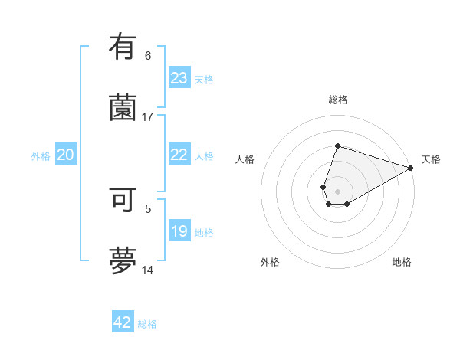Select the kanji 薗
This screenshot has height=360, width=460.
(123, 106)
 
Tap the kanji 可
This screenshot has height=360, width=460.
(123, 200)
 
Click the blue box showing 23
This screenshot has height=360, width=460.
(179, 78)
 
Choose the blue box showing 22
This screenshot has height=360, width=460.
(179, 155)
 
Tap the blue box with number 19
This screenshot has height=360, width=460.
(179, 231)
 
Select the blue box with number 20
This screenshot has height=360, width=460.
(66, 155)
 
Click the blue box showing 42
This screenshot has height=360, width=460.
(123, 322)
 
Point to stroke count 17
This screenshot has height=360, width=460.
(148, 116)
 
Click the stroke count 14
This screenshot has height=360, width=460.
(148, 270)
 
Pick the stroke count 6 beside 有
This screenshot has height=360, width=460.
(148, 55)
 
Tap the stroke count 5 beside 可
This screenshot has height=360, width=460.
(148, 208)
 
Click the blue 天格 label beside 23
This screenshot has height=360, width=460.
(204, 80)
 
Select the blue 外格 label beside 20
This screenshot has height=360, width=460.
(41, 156)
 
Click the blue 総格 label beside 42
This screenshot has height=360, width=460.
(147, 324)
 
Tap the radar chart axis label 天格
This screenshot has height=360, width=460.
(431, 159)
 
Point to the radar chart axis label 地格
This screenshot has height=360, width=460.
(402, 262)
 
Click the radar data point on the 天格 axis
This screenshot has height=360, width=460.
(411, 169)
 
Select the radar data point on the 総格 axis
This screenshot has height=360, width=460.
(337, 146)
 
